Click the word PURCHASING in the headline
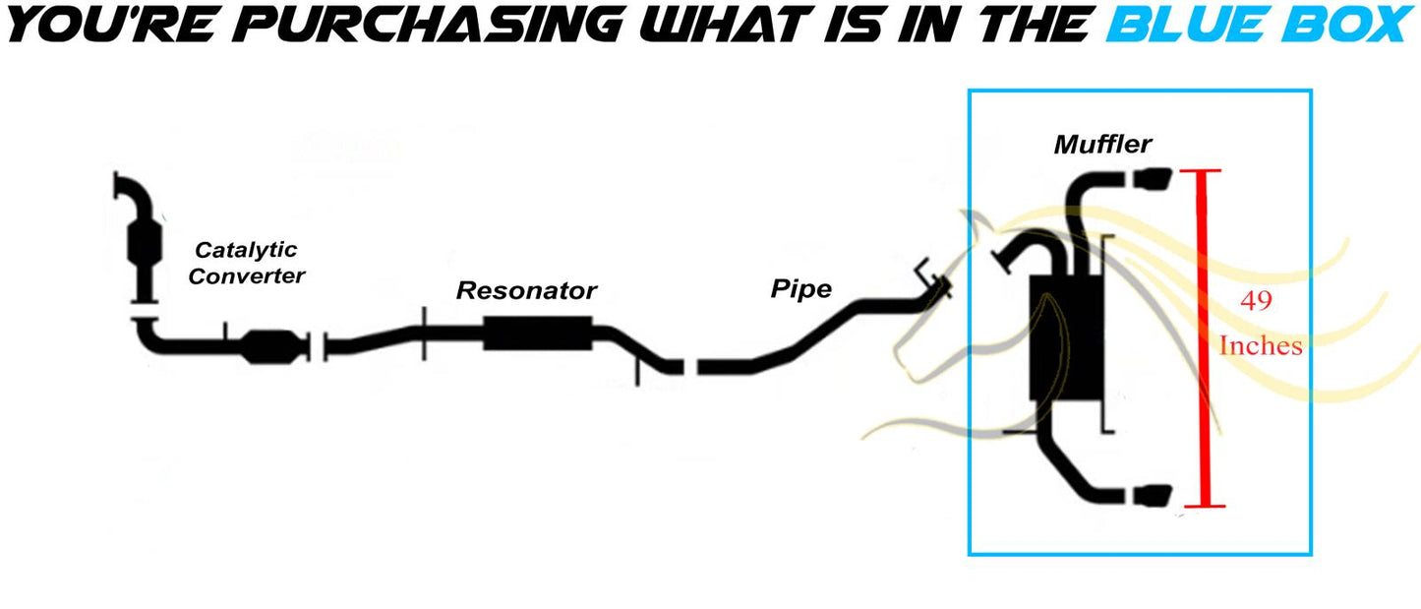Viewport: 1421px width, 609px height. [429, 25]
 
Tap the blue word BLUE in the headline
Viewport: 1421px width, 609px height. [1190, 25]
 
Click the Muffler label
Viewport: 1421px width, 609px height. [1102, 145]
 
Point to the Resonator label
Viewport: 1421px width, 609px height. [526, 290]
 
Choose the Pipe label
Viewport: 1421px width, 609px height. [801, 289]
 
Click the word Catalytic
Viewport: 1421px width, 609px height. [246, 250]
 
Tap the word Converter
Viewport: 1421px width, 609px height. [247, 275]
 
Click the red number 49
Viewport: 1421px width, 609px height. [1256, 300]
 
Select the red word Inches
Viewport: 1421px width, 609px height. [1261, 346]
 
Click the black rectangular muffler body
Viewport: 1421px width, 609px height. [1066, 338]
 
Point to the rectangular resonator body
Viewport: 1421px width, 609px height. [538, 334]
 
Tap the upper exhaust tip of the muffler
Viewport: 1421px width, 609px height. [1152, 178]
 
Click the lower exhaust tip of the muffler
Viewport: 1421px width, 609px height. [1152, 496]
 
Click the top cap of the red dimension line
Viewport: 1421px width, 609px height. [1201, 170]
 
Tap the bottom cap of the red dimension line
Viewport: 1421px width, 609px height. [1204, 507]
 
